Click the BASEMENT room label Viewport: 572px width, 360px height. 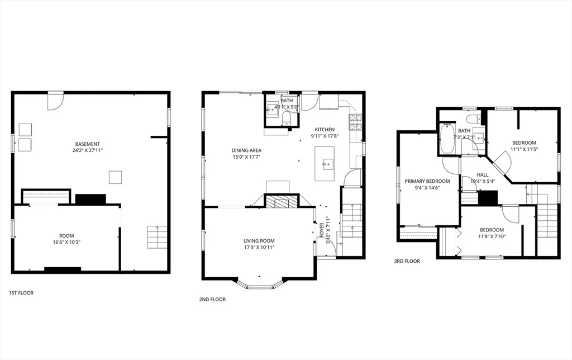point(88,144)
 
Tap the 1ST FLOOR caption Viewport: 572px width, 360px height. point(21,293)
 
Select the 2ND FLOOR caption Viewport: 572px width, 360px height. point(212,300)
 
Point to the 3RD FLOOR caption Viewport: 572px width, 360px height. point(407,261)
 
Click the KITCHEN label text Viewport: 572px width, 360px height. point(325,130)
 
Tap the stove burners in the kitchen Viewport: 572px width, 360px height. point(356,122)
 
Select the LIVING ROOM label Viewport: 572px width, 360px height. point(259,241)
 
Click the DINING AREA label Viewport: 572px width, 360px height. point(246,150)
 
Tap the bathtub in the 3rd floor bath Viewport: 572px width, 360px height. point(447,139)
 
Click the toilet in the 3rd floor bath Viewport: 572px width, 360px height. point(474,119)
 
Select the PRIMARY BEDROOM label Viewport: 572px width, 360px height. point(427,181)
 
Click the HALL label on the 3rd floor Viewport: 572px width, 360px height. point(482,175)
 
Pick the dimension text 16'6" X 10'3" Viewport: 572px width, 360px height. point(66,242)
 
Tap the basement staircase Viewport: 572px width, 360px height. point(157,238)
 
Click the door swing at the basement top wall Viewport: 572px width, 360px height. point(55,102)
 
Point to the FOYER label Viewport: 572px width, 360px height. point(322,230)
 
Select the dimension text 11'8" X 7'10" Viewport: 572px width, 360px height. point(492,236)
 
